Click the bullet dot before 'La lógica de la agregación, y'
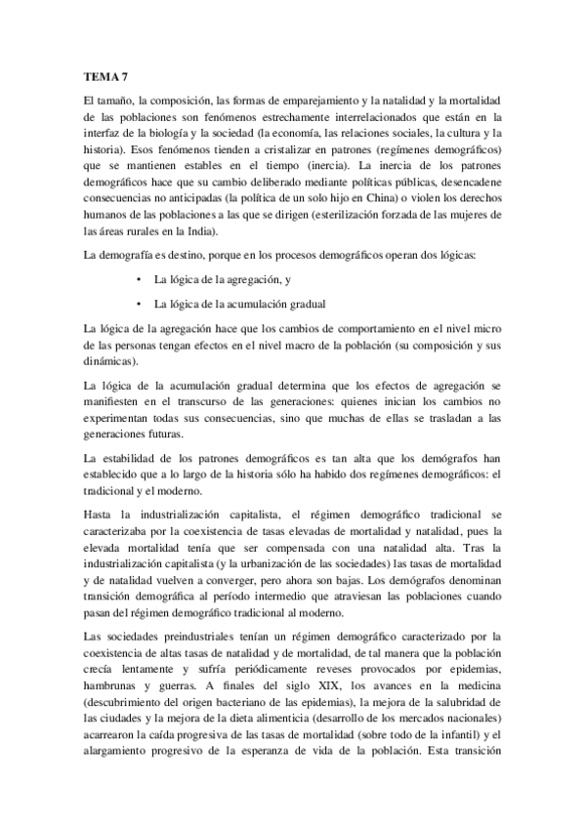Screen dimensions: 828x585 pyautogui.click(x=143, y=280)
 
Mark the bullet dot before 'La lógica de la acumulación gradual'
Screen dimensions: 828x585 pyautogui.click(x=143, y=303)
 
